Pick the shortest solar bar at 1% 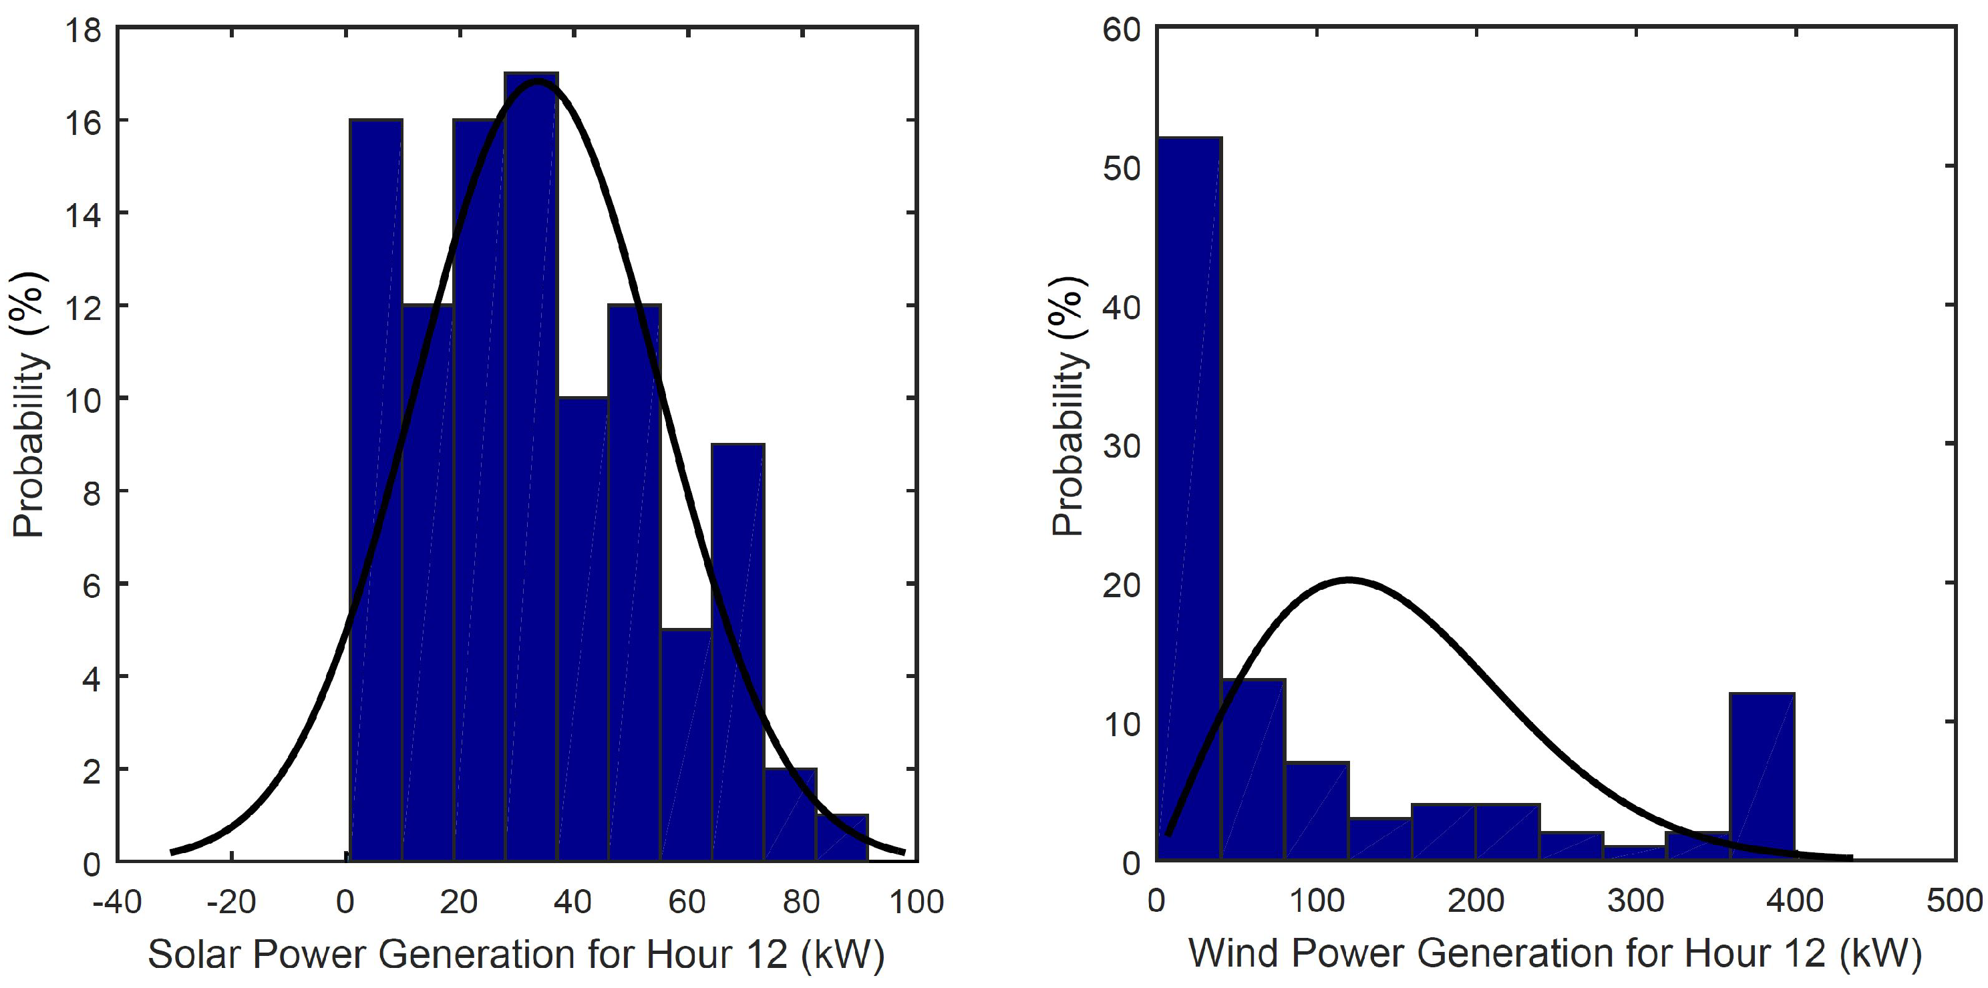click(842, 838)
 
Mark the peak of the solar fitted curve click(537, 81)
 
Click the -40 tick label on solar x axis click(118, 902)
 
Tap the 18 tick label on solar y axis click(84, 31)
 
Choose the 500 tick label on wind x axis click(1954, 902)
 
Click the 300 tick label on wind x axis click(1635, 902)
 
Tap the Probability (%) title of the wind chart click(1069, 405)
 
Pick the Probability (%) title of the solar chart click(29, 405)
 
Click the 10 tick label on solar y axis click(84, 400)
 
